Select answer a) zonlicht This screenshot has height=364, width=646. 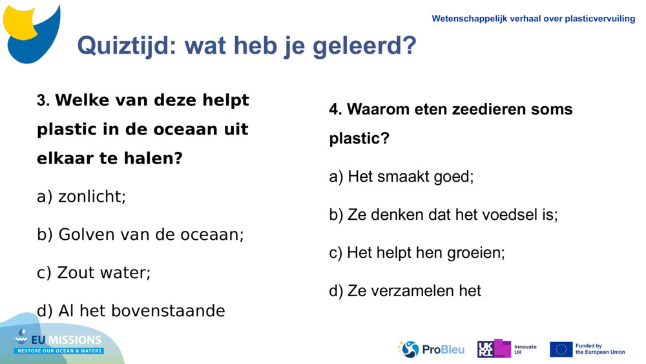click(x=81, y=197)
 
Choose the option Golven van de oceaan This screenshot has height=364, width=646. click(x=140, y=235)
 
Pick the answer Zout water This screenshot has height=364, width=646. click(x=94, y=273)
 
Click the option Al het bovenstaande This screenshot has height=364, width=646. click(x=131, y=311)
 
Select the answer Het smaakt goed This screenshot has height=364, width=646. click(x=401, y=177)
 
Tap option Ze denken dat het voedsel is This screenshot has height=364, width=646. click(x=443, y=215)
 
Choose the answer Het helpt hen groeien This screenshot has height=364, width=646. click(x=417, y=253)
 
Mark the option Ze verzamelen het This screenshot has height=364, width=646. click(x=405, y=291)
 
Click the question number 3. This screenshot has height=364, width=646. click(x=43, y=102)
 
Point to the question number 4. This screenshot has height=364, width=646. click(x=335, y=110)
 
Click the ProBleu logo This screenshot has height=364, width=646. click(x=431, y=349)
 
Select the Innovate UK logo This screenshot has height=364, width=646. click(x=506, y=349)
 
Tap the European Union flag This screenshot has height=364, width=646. click(x=561, y=349)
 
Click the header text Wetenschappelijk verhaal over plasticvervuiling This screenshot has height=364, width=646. click(x=533, y=19)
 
